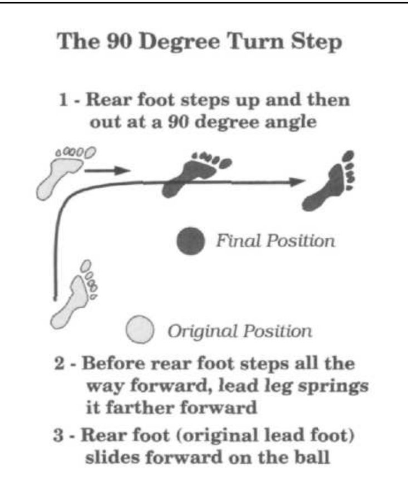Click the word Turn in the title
[255, 41]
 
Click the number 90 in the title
[119, 41]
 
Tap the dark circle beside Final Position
[191, 241]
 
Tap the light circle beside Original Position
[140, 330]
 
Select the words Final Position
[276, 240]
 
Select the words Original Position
[240, 331]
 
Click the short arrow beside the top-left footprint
[107, 170]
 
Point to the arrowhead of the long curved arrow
[297, 182]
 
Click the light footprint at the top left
[64, 173]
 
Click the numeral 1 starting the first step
[63, 100]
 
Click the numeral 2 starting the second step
[60, 364]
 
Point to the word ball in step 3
[312, 456]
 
